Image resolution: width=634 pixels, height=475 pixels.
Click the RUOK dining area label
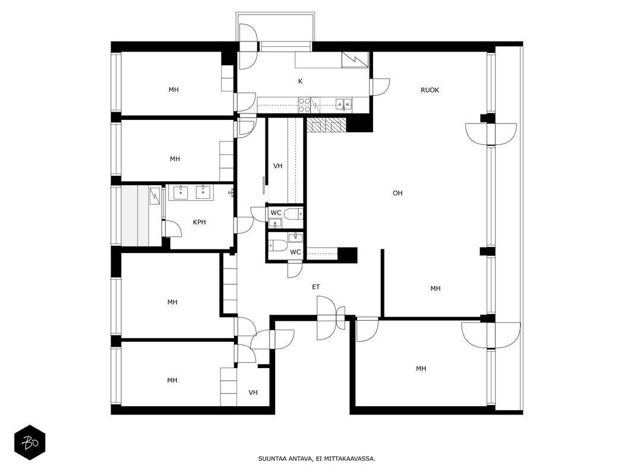(x=430, y=90)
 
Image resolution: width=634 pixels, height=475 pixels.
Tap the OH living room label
(x=398, y=193)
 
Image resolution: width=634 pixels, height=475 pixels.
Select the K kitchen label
(x=301, y=81)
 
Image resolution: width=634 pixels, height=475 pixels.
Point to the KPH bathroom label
(x=199, y=222)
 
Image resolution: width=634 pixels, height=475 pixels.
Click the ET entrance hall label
(x=316, y=287)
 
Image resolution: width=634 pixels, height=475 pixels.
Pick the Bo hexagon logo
(x=30, y=443)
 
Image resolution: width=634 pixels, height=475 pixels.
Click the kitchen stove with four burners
(x=304, y=104)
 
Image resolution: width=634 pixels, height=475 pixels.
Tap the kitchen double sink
(x=343, y=104)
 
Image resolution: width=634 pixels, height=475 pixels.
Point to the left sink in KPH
(x=180, y=192)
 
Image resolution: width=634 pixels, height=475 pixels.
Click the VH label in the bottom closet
(x=253, y=392)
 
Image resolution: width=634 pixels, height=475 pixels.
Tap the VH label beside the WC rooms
(x=277, y=166)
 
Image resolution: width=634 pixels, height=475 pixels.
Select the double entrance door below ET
(x=331, y=318)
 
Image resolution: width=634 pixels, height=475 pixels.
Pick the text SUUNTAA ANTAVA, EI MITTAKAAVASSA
(x=317, y=458)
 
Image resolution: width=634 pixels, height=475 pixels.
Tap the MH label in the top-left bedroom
(x=174, y=90)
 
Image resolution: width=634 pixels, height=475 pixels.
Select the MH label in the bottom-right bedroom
(x=421, y=368)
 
